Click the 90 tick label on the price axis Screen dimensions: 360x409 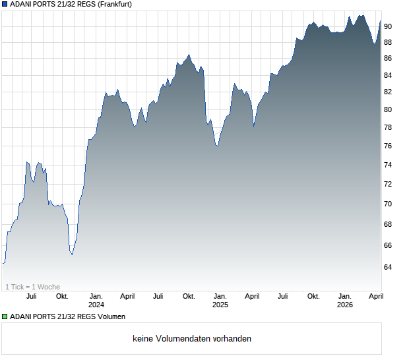389,26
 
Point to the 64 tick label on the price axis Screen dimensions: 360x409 389,267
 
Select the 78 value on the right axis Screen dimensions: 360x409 389,127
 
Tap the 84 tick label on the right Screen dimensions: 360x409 389,75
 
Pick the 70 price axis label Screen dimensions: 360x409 389,204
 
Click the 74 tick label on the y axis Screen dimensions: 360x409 389,165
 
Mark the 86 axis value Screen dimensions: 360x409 389,58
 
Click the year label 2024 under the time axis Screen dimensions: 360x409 96,305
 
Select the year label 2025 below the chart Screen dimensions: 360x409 220,305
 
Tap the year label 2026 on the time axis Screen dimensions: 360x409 344,305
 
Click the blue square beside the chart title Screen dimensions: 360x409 5,5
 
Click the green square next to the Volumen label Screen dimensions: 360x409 5,317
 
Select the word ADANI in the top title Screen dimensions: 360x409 22,5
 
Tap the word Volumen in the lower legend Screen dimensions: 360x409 111,317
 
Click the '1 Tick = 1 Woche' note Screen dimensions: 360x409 32,287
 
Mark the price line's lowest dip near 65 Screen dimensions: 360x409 72,255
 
